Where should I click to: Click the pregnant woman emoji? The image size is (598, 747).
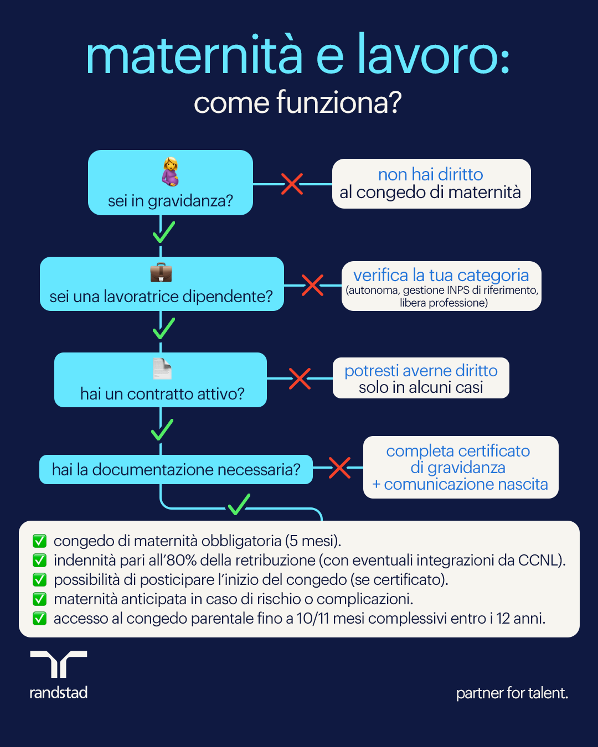coord(170,172)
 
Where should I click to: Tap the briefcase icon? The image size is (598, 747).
coord(161,272)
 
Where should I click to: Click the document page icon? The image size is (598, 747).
coord(162,369)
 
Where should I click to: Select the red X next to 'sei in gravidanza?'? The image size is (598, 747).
coord(292,184)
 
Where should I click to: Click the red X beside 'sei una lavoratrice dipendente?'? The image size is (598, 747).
coord(312,286)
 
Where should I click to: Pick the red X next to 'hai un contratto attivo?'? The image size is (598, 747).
coord(300,378)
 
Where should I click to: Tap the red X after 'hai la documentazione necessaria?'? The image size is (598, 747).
coord(339,468)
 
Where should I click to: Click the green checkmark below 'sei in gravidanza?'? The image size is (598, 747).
coord(163,232)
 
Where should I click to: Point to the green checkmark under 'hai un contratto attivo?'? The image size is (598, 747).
coord(162,429)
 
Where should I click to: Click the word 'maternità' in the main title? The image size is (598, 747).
coord(194,56)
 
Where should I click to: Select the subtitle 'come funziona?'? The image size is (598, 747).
coord(297,103)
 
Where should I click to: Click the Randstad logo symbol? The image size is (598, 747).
coord(58,664)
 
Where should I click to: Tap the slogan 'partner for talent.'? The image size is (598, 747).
coord(512,693)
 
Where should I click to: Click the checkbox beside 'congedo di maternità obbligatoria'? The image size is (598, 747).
coord(39,541)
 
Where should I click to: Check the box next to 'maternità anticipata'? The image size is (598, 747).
coord(39,599)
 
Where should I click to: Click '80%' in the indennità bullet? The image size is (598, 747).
coord(182,560)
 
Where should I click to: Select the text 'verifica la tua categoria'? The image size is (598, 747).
coord(441,275)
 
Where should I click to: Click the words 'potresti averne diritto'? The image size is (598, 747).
coord(421,371)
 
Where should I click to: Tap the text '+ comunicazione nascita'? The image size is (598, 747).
coord(460,484)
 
